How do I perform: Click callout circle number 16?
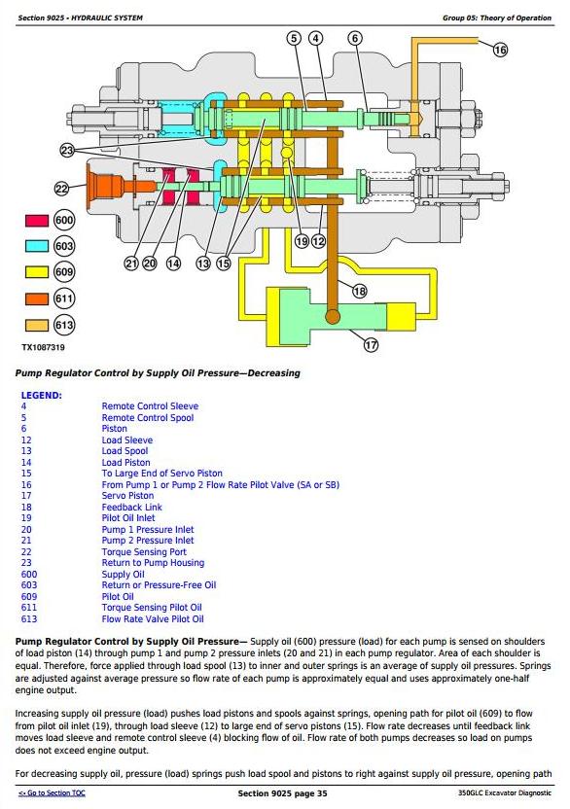[x=500, y=50]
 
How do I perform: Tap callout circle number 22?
[x=62, y=189]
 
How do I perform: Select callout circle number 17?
[x=371, y=344]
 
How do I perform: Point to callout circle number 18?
[x=359, y=291]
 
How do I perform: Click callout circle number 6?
[x=355, y=38]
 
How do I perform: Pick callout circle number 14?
[x=173, y=264]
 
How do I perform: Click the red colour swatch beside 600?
[x=37, y=221]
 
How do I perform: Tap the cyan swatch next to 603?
[x=37, y=246]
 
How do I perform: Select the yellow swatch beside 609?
[x=37, y=272]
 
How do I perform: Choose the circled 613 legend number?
[x=64, y=325]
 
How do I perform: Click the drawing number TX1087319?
[x=44, y=348]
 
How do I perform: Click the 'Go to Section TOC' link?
[x=52, y=793]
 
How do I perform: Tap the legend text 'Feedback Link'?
[x=131, y=508]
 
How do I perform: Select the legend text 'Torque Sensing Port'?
[x=144, y=551]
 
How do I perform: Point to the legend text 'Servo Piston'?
[x=127, y=495]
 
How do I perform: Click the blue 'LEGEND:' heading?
[x=41, y=396]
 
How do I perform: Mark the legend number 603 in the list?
[x=29, y=585]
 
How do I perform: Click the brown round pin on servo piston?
[x=333, y=316]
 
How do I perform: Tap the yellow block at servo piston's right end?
[x=401, y=316]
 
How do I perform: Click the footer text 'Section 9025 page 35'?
[x=282, y=793]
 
